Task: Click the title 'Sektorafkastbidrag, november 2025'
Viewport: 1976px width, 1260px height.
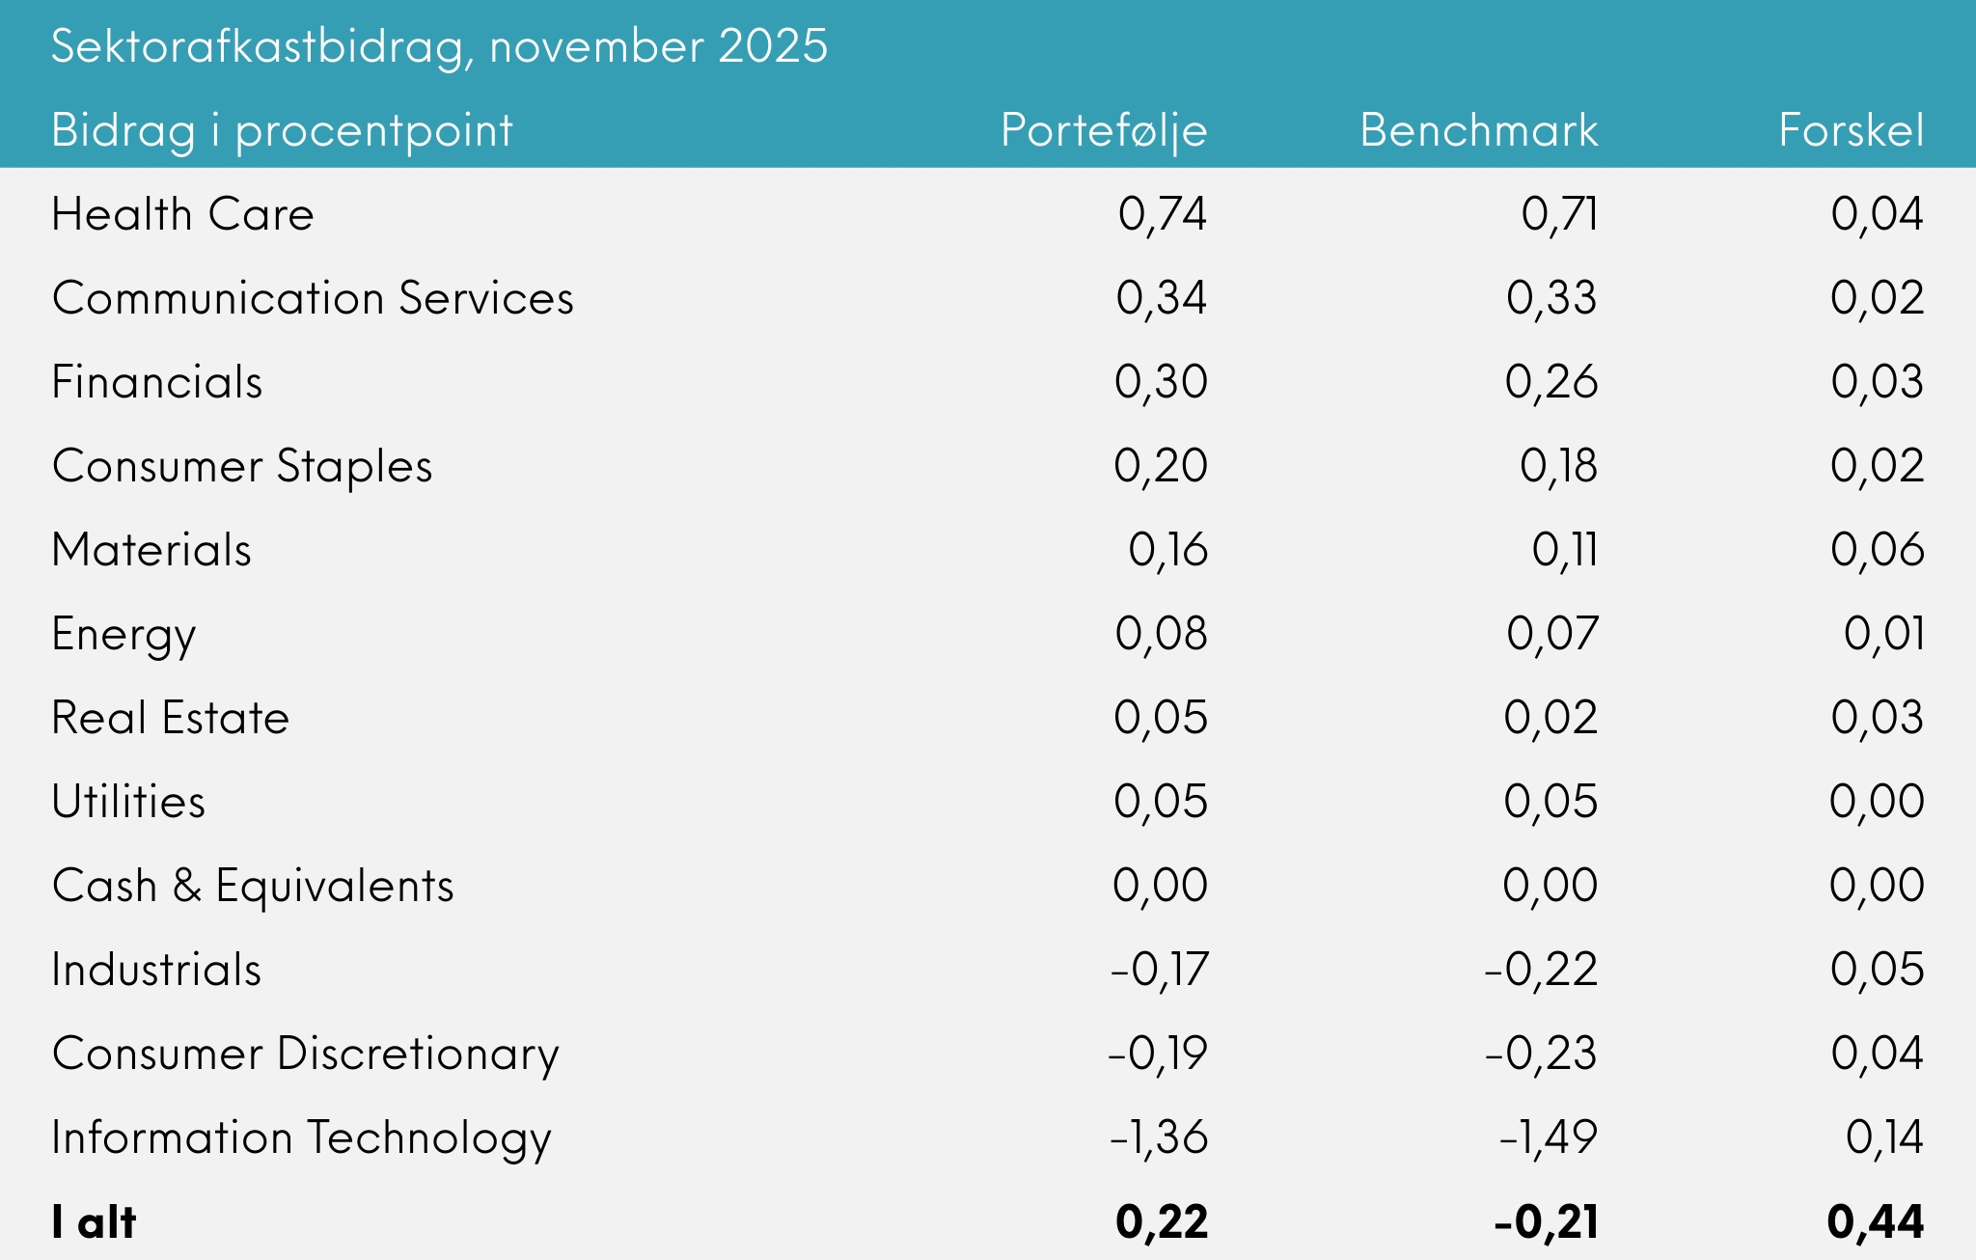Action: [x=439, y=46]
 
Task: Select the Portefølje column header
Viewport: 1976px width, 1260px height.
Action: [x=1104, y=130]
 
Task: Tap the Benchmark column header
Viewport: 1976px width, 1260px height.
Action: [x=1478, y=130]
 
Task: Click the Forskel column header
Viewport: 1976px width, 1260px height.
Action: [x=1851, y=130]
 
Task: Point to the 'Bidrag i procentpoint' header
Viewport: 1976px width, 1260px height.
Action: [x=282, y=130]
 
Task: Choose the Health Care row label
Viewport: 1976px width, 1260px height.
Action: [x=182, y=214]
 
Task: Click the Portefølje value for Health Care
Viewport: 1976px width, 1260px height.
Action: [x=1162, y=214]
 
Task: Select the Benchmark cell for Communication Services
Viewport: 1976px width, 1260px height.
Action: [x=1551, y=298]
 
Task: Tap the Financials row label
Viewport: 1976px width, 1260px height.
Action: [x=156, y=382]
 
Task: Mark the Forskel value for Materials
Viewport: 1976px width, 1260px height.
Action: [x=1877, y=550]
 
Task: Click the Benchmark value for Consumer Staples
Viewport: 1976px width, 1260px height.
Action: [x=1558, y=466]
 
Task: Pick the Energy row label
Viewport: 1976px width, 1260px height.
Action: [x=123, y=635]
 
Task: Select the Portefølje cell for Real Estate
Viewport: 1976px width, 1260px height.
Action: [x=1160, y=718]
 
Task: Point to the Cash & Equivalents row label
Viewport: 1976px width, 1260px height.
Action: [x=252, y=886]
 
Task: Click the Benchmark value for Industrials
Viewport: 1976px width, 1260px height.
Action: [x=1540, y=970]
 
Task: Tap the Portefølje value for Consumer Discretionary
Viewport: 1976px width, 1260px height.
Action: [x=1158, y=1054]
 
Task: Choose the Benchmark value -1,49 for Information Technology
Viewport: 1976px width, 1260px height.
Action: [x=1548, y=1137]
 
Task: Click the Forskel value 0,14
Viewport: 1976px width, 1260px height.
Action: [x=1883, y=1137]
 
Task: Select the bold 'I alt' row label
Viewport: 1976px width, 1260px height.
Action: [x=94, y=1222]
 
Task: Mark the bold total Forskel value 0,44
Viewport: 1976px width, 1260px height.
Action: [x=1875, y=1222]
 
